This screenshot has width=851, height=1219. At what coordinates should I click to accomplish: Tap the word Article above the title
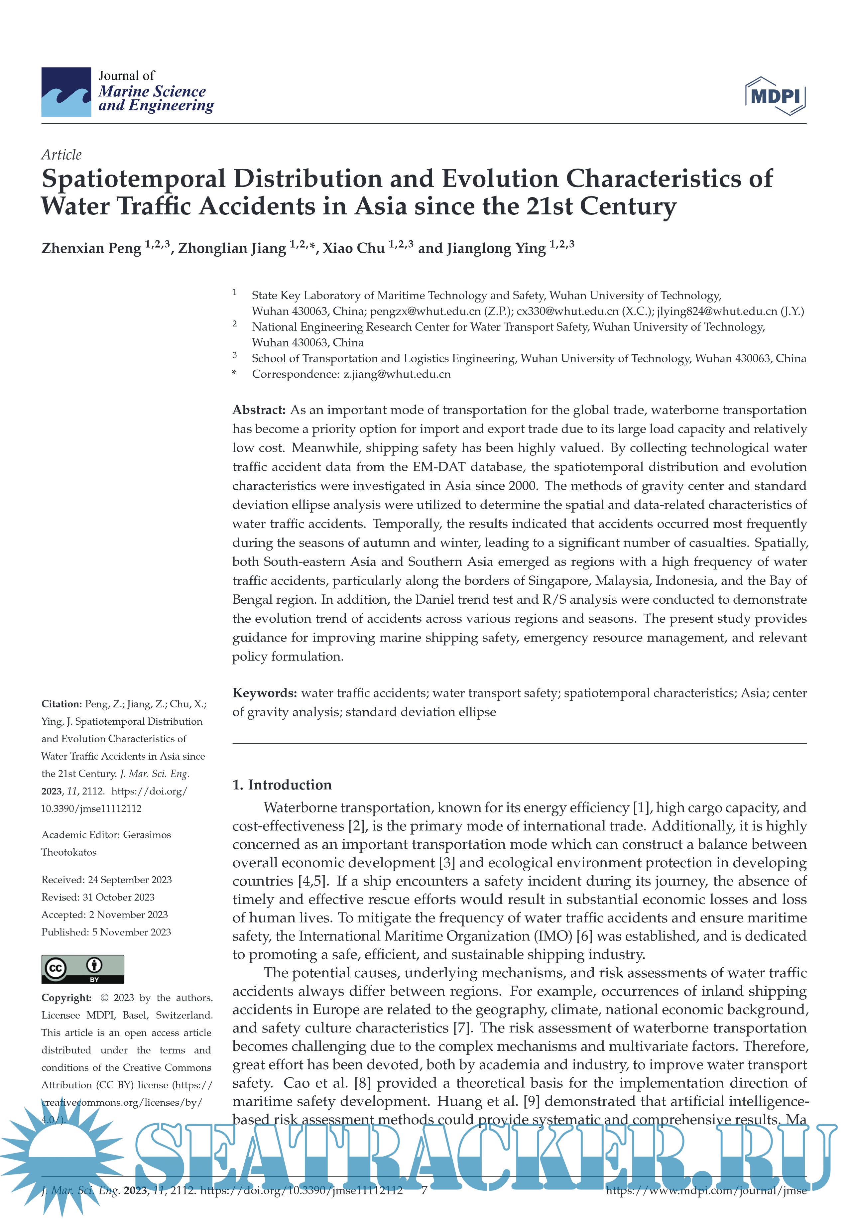61,155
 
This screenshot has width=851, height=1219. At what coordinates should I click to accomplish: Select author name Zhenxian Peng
91,248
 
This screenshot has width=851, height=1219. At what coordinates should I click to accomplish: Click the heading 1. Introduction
282,785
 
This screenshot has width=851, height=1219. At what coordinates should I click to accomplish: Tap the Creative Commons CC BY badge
83,969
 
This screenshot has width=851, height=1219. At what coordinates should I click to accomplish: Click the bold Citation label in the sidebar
61,704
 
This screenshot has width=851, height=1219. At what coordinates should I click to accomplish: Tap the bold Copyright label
66,998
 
